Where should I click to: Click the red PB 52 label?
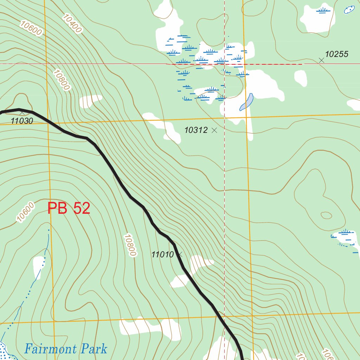[x=69, y=208]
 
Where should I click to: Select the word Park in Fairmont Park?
[x=94, y=349]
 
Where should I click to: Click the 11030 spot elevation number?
[x=22, y=121]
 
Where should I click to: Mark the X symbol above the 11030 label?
[x=22, y=113]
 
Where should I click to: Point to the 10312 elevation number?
[x=196, y=130]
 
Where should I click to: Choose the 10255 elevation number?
[x=336, y=54]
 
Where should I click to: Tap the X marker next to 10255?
[x=321, y=60]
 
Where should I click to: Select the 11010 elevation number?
[x=163, y=255]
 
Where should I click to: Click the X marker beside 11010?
[x=180, y=253]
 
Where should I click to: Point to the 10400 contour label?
[x=73, y=23]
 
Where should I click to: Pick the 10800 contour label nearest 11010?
[x=129, y=245]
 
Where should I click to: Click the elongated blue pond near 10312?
[x=246, y=102]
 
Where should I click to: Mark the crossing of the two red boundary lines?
[x=224, y=64]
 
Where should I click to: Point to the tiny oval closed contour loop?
[x=326, y=215]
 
